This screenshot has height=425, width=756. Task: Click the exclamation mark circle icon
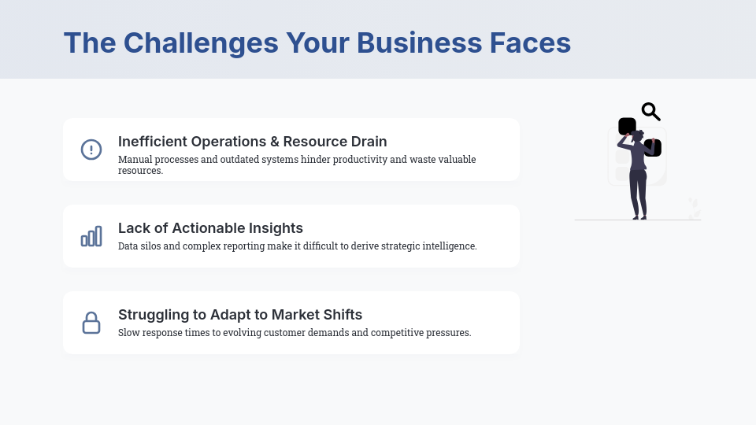(x=91, y=150)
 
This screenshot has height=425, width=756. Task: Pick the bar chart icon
(x=91, y=236)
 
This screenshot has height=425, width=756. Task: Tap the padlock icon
(x=91, y=323)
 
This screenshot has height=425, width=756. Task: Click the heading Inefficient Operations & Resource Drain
(x=252, y=142)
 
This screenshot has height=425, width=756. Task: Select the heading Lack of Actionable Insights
(x=210, y=228)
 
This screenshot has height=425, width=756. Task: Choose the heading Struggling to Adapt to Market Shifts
(x=240, y=315)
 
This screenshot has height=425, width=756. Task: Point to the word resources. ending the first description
(x=140, y=170)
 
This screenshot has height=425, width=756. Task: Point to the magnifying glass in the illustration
(x=650, y=112)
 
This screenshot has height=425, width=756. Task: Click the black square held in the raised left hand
(x=627, y=126)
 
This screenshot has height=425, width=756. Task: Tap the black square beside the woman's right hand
(x=654, y=148)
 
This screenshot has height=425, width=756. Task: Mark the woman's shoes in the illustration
(x=639, y=216)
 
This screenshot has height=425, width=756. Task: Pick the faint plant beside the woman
(x=694, y=209)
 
